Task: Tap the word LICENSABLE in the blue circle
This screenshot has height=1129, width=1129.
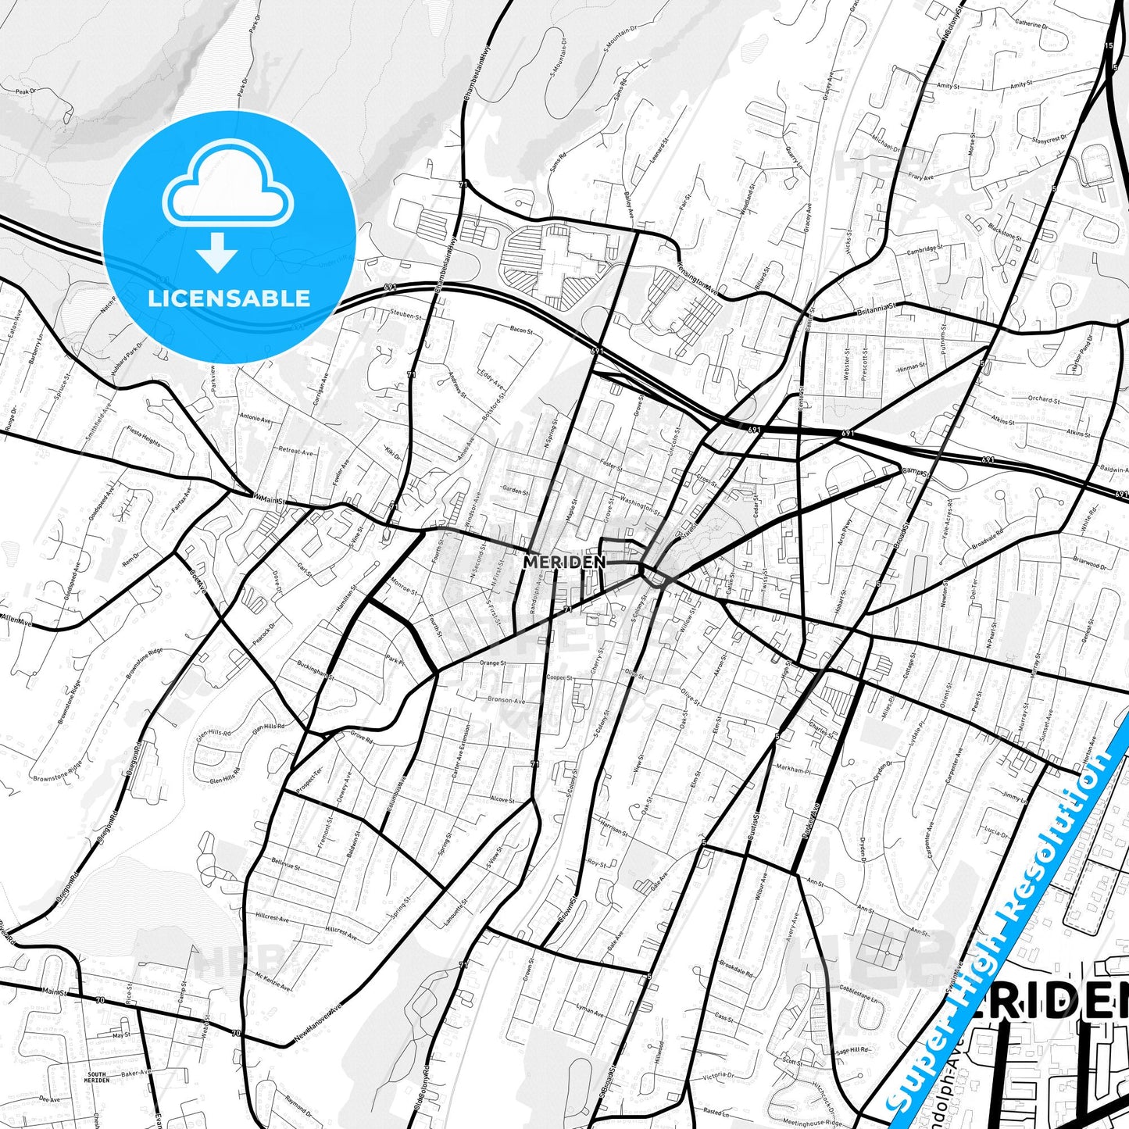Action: [229, 298]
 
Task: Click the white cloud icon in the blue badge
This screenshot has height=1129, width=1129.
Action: [228, 185]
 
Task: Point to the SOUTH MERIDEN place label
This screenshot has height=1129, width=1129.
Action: [96, 1077]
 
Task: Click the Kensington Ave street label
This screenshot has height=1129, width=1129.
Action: [698, 276]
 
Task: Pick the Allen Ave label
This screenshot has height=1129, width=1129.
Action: [16, 620]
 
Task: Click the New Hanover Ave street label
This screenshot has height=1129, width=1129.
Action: [319, 1024]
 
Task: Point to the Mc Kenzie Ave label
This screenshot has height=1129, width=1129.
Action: [273, 981]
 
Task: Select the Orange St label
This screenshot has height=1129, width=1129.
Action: [492, 663]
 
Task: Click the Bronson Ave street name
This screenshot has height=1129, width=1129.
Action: [506, 700]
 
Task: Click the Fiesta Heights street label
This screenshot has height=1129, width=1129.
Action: [144, 441]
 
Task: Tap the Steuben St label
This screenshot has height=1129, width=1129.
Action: [406, 316]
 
